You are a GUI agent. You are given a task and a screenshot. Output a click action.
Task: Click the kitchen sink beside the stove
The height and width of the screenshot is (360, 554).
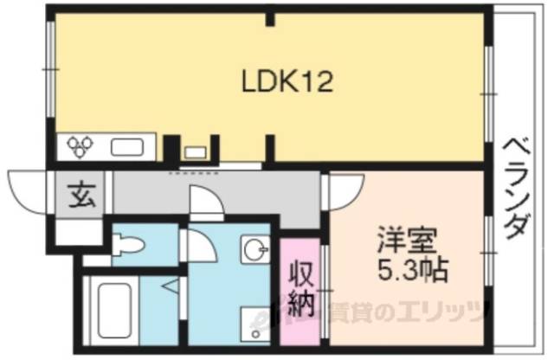pos(130,147)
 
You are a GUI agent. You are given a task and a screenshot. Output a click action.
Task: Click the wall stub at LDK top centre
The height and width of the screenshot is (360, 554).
pos(272,16)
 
